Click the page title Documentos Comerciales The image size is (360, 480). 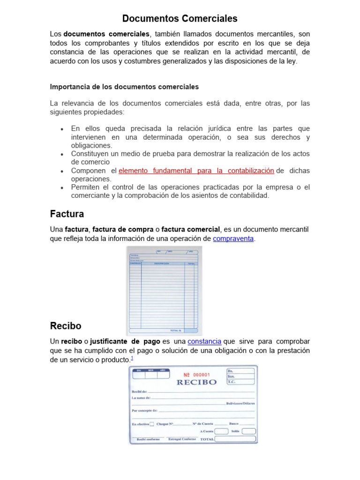(180, 19)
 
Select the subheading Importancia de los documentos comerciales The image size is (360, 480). (124, 87)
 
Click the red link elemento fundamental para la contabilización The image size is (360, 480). (196, 171)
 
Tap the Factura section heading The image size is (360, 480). (67, 214)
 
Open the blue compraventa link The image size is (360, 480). (233, 239)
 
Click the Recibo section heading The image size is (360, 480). (66, 326)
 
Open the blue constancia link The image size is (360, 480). (204, 342)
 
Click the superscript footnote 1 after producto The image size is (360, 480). (132, 359)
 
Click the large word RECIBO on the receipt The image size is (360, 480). (196, 382)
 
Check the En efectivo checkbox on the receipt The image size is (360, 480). (151, 424)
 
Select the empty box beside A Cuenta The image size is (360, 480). (221, 431)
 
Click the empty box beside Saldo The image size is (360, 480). (249, 431)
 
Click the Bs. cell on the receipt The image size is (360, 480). (241, 370)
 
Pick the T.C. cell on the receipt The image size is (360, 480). (241, 382)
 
